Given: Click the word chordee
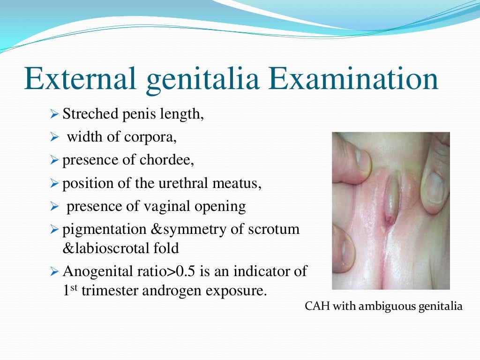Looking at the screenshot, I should [166, 160].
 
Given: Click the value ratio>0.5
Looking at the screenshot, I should [161, 271].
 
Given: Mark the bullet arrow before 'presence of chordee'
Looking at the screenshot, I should [53, 161].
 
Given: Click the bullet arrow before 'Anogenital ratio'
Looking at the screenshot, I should [53, 271].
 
